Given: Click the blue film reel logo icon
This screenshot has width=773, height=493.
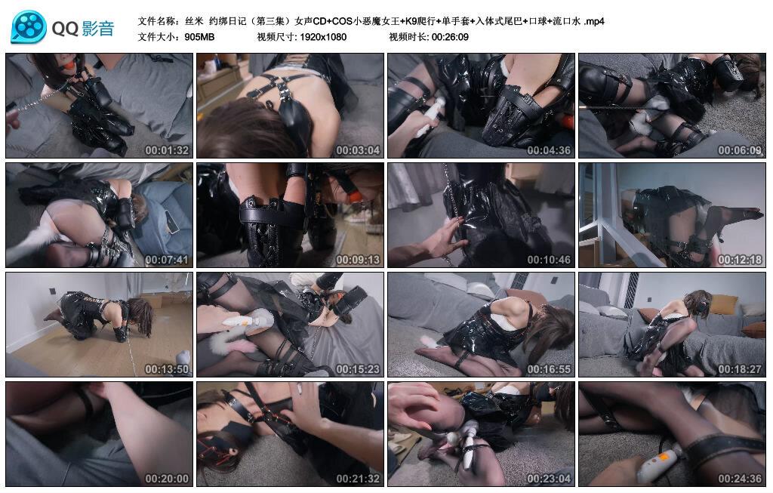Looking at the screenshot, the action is pyautogui.click(x=29, y=27).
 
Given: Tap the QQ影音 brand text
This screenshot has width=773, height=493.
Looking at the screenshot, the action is pyautogui.click(x=83, y=29).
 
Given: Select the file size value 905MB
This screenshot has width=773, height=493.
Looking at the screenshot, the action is pyautogui.click(x=199, y=37).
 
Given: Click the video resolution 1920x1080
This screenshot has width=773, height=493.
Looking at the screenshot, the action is pyautogui.click(x=323, y=37).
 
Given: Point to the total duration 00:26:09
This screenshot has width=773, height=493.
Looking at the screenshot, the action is pyautogui.click(x=450, y=37).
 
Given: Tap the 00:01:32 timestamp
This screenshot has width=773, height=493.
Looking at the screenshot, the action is pyautogui.click(x=167, y=150).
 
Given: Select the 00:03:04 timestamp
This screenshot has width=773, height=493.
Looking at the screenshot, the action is pyautogui.click(x=358, y=150).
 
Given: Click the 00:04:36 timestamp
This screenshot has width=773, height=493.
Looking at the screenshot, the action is pyautogui.click(x=549, y=150).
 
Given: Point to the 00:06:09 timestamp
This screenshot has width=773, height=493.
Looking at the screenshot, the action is pyautogui.click(x=740, y=150).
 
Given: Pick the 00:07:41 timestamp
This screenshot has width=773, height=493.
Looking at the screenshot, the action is pyautogui.click(x=167, y=259).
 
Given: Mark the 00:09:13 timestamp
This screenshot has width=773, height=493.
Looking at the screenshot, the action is pyautogui.click(x=358, y=259).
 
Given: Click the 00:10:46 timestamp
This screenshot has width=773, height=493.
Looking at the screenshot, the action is pyautogui.click(x=549, y=259).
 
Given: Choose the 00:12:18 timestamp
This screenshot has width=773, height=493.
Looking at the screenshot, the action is pyautogui.click(x=740, y=259).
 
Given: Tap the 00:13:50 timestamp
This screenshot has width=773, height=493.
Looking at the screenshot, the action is pyautogui.click(x=167, y=368).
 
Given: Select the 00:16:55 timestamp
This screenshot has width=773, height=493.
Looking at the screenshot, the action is pyautogui.click(x=549, y=368).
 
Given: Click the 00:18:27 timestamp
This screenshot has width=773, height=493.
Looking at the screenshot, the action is pyautogui.click(x=740, y=368).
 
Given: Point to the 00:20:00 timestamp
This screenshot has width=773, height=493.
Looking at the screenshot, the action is pyautogui.click(x=167, y=478).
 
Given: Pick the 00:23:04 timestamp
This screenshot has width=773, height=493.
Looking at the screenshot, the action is pyautogui.click(x=549, y=478).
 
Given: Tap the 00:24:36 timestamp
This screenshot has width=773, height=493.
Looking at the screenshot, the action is pyautogui.click(x=740, y=478).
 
